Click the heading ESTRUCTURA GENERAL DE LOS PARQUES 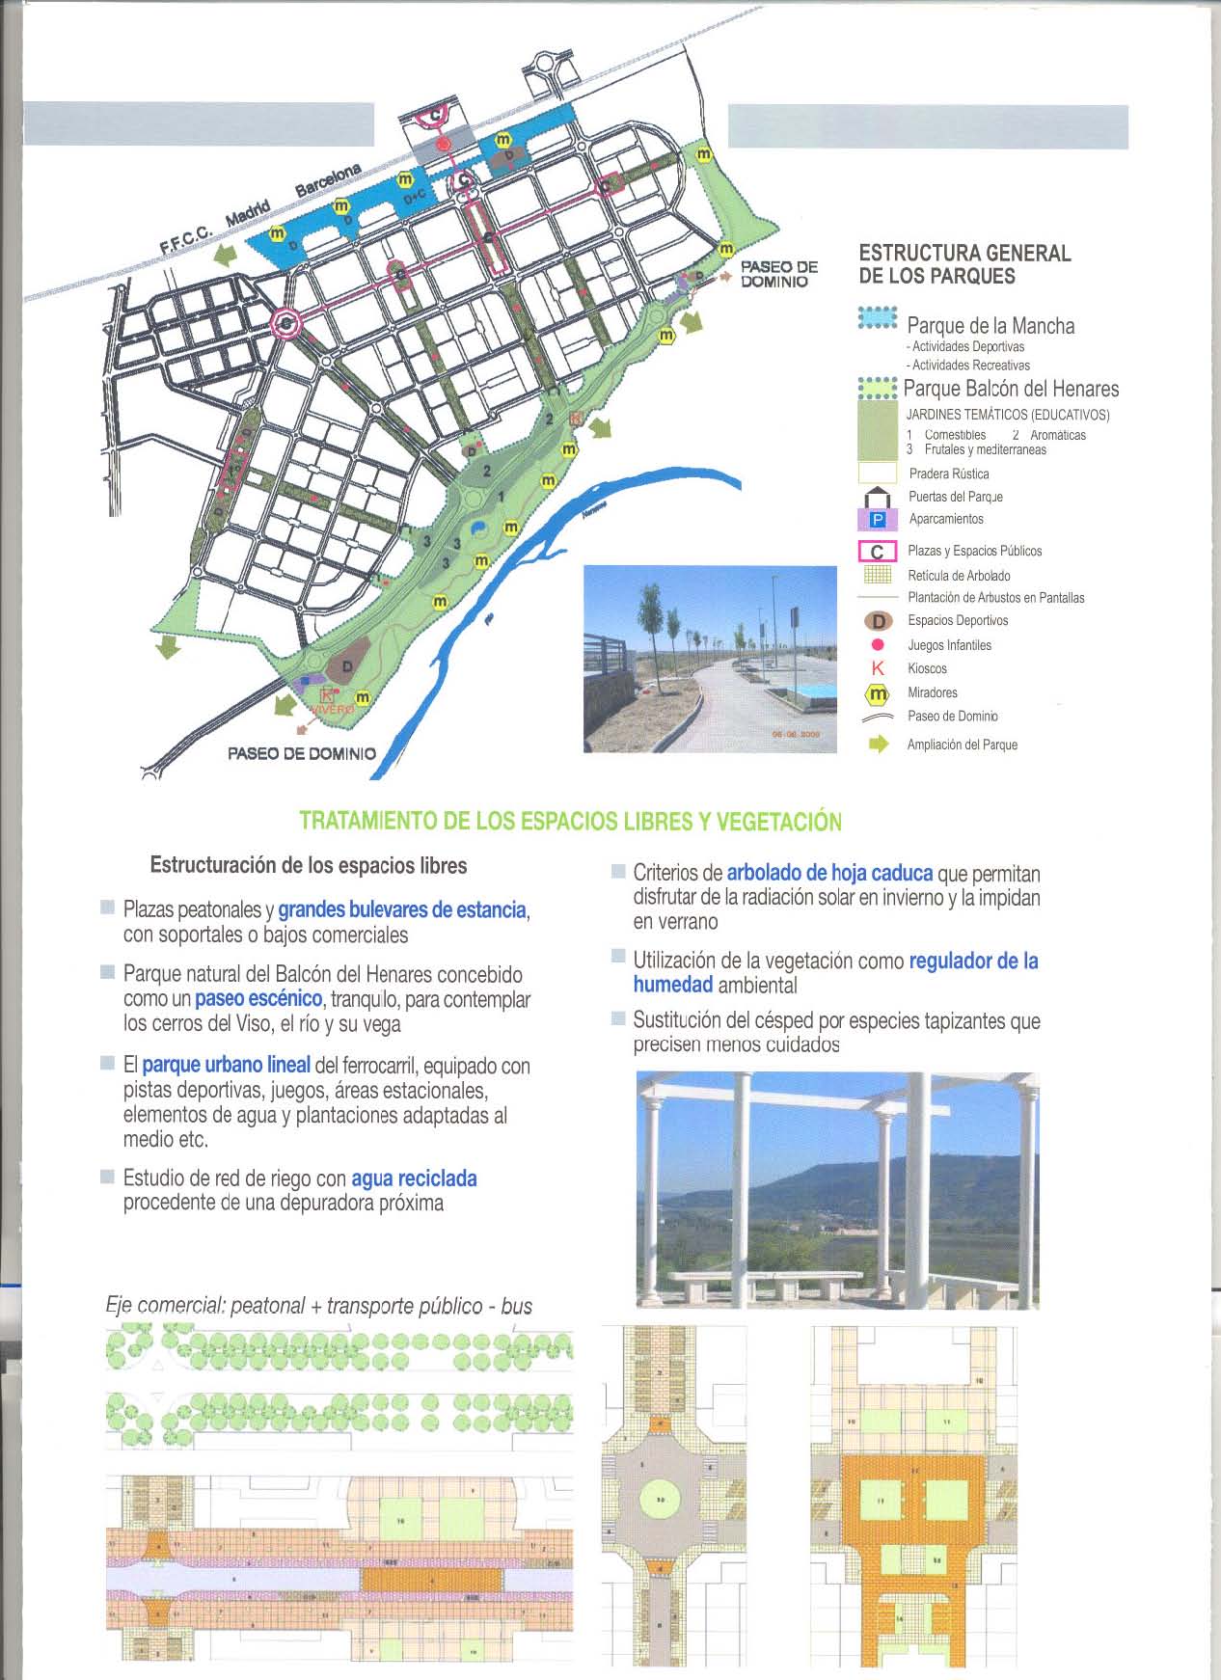click(964, 264)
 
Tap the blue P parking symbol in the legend click(878, 520)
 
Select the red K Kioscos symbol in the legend click(878, 668)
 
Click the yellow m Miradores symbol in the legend click(878, 693)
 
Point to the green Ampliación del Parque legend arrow click(879, 745)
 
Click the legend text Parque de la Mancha click(990, 326)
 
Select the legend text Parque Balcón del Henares click(1011, 389)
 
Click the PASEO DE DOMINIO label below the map click(301, 753)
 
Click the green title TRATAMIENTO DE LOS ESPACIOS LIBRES click(570, 822)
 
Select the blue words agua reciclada click(414, 1179)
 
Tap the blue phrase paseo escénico click(258, 999)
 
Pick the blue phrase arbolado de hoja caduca click(829, 873)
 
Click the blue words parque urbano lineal click(226, 1065)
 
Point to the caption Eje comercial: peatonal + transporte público click(318, 1306)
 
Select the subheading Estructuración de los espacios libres click(309, 865)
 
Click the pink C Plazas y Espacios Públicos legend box click(878, 552)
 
